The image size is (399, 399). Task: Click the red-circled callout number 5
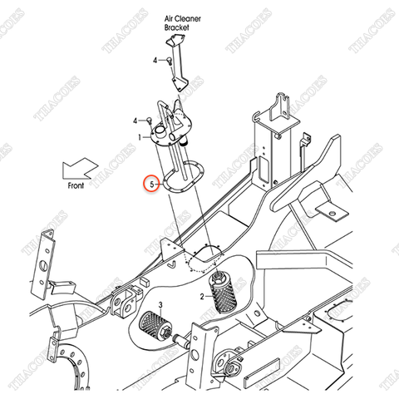(x=150, y=183)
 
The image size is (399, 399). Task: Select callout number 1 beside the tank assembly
(x=140, y=135)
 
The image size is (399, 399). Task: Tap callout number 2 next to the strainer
(x=202, y=295)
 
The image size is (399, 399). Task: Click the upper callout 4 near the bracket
(x=155, y=61)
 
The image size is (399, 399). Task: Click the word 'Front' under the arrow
(x=76, y=189)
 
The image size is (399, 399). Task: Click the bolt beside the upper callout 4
(x=168, y=59)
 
